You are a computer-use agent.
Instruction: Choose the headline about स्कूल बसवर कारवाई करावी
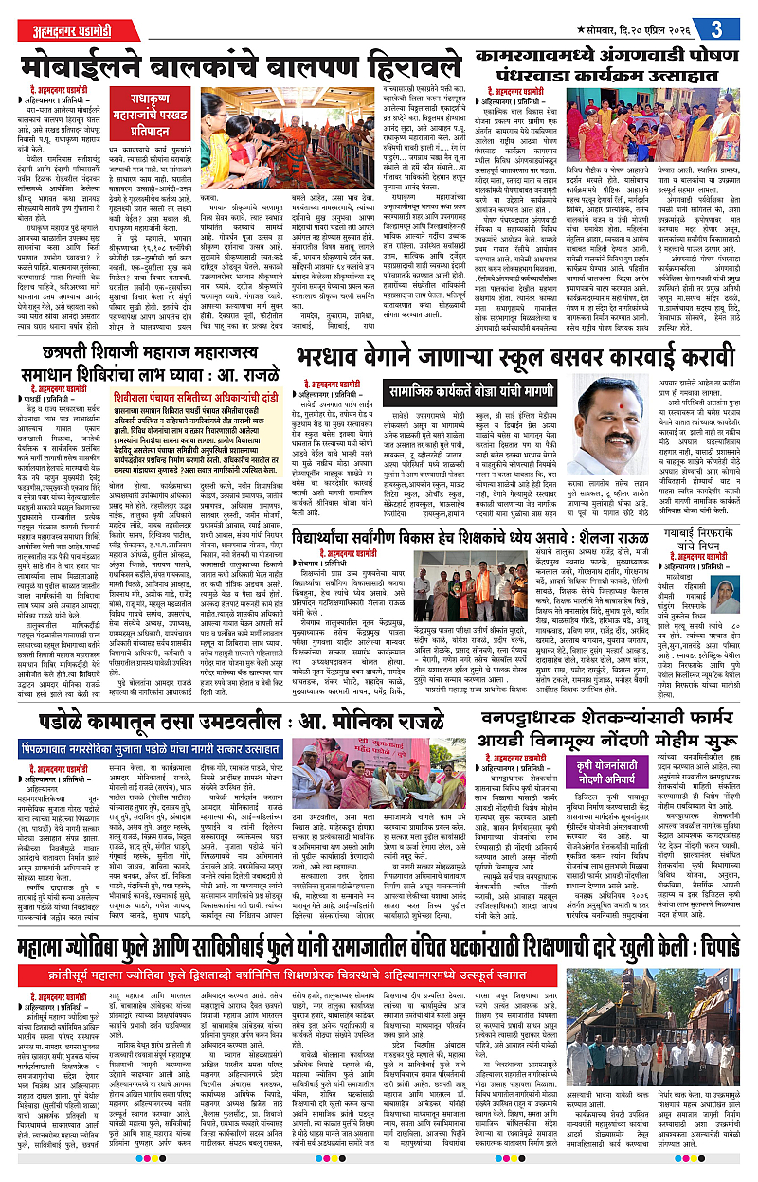520,337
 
